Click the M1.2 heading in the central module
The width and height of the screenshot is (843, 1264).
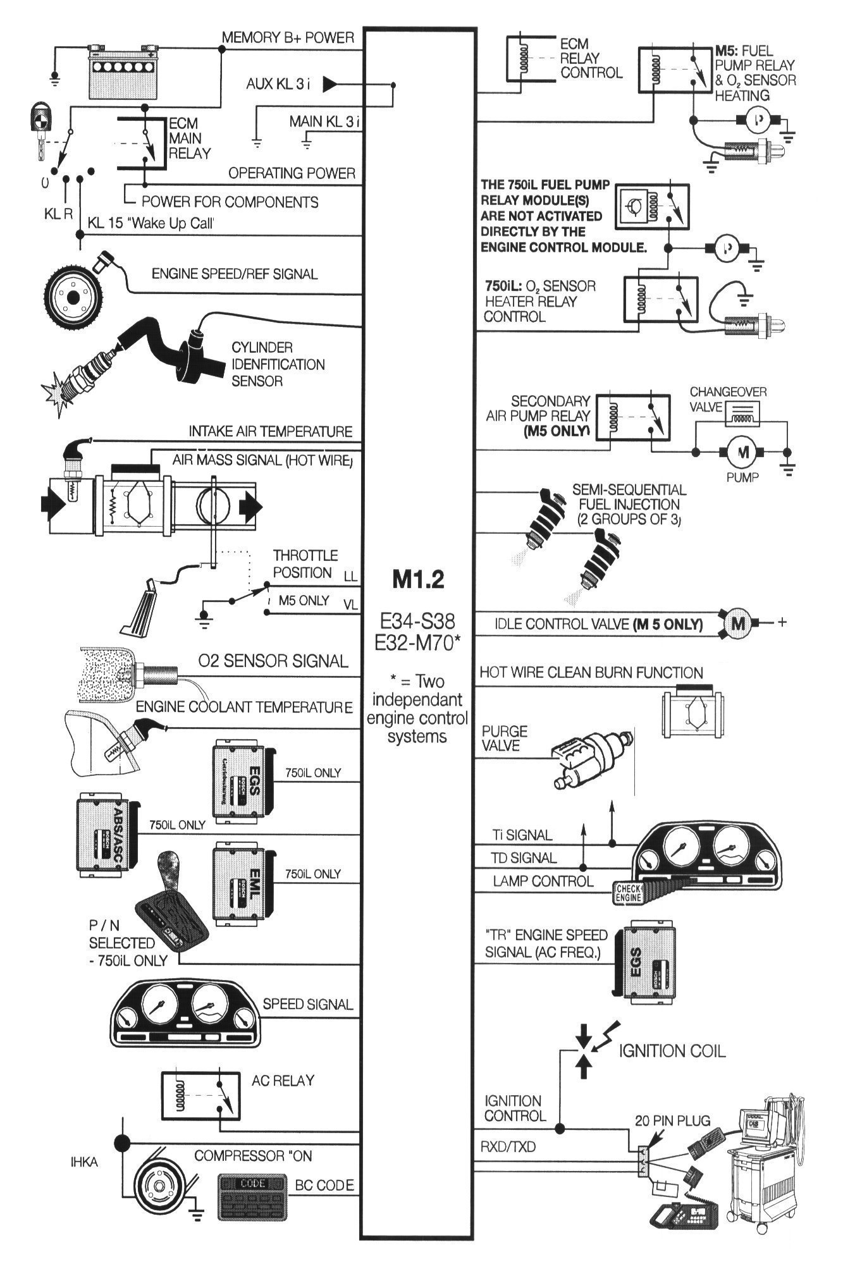point(418,580)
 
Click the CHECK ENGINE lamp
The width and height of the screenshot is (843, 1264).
point(628,892)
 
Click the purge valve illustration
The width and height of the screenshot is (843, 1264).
point(588,759)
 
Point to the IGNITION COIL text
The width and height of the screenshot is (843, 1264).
point(672,1051)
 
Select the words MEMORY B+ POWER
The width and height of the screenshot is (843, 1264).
point(287,37)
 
